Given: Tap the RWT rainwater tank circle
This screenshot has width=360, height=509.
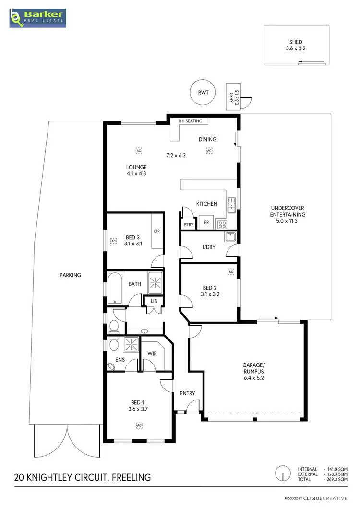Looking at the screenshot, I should (x=202, y=93).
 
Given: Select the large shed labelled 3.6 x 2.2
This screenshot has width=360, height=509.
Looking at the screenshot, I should (x=296, y=46).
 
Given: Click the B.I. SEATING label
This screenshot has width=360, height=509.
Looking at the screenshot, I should (x=191, y=121).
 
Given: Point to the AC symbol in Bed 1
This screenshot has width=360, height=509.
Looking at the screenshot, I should (x=139, y=425).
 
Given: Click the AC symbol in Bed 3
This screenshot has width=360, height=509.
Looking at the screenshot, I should (x=114, y=241).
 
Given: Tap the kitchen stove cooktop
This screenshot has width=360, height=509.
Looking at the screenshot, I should (x=222, y=224).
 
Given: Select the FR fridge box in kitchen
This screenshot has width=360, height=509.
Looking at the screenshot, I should (x=206, y=223).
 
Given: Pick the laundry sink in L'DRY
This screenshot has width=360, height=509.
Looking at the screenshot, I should (x=229, y=237).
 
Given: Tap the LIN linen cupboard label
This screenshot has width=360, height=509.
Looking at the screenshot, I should (x=154, y=301).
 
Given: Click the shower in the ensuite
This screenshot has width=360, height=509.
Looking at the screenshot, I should (x=130, y=345).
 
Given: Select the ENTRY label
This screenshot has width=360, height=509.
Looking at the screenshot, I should (x=187, y=394).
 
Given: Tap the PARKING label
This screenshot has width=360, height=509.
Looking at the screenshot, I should (x=71, y=275).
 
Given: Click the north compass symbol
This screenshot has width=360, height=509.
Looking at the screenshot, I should (x=283, y=474).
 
